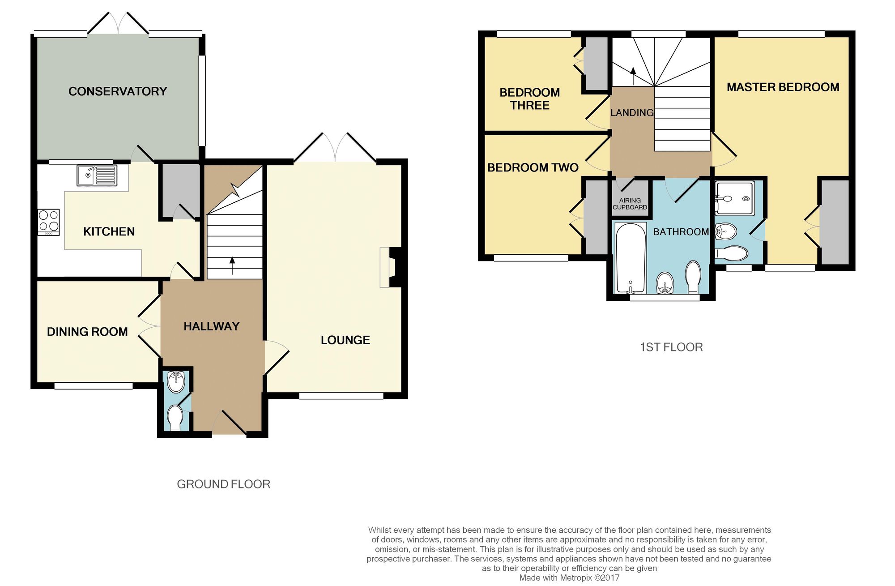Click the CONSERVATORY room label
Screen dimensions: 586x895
pyautogui.click(x=117, y=91)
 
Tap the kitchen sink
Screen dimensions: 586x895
pyautogui.click(x=97, y=175)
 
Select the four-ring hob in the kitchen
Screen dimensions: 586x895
pyautogui.click(x=49, y=222)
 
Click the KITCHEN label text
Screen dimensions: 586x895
pyautogui.click(x=109, y=231)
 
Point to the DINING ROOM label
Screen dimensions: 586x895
pyautogui.click(x=87, y=332)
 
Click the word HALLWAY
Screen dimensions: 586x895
pyautogui.click(x=211, y=326)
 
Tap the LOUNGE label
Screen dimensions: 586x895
pyautogui.click(x=345, y=340)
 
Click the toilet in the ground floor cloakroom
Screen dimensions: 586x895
pyautogui.click(x=175, y=418)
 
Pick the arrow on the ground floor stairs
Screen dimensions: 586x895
pyautogui.click(x=232, y=265)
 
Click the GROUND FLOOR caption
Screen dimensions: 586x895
pyautogui.click(x=223, y=484)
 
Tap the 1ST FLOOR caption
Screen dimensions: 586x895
pyautogui.click(x=671, y=347)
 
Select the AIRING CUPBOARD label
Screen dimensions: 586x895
pyautogui.click(x=630, y=204)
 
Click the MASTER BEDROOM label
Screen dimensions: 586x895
pyautogui.click(x=783, y=87)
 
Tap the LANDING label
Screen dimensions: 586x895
pyautogui.click(x=631, y=113)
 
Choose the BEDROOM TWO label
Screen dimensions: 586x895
pyautogui.click(x=533, y=168)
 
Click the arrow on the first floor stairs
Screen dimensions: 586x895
pyautogui.click(x=633, y=75)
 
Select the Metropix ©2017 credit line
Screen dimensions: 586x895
pyautogui.click(x=569, y=578)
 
